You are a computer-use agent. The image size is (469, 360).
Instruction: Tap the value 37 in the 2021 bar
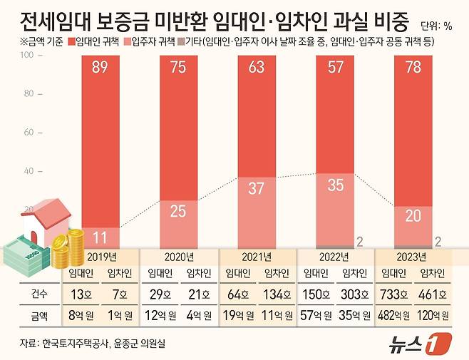tap(259, 189)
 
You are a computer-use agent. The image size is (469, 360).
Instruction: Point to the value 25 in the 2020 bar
tap(180, 211)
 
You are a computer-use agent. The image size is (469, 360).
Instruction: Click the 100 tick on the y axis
tap(28, 55)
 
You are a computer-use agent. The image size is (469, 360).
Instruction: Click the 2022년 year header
tap(336, 256)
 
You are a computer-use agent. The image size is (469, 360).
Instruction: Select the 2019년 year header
tap(101, 256)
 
